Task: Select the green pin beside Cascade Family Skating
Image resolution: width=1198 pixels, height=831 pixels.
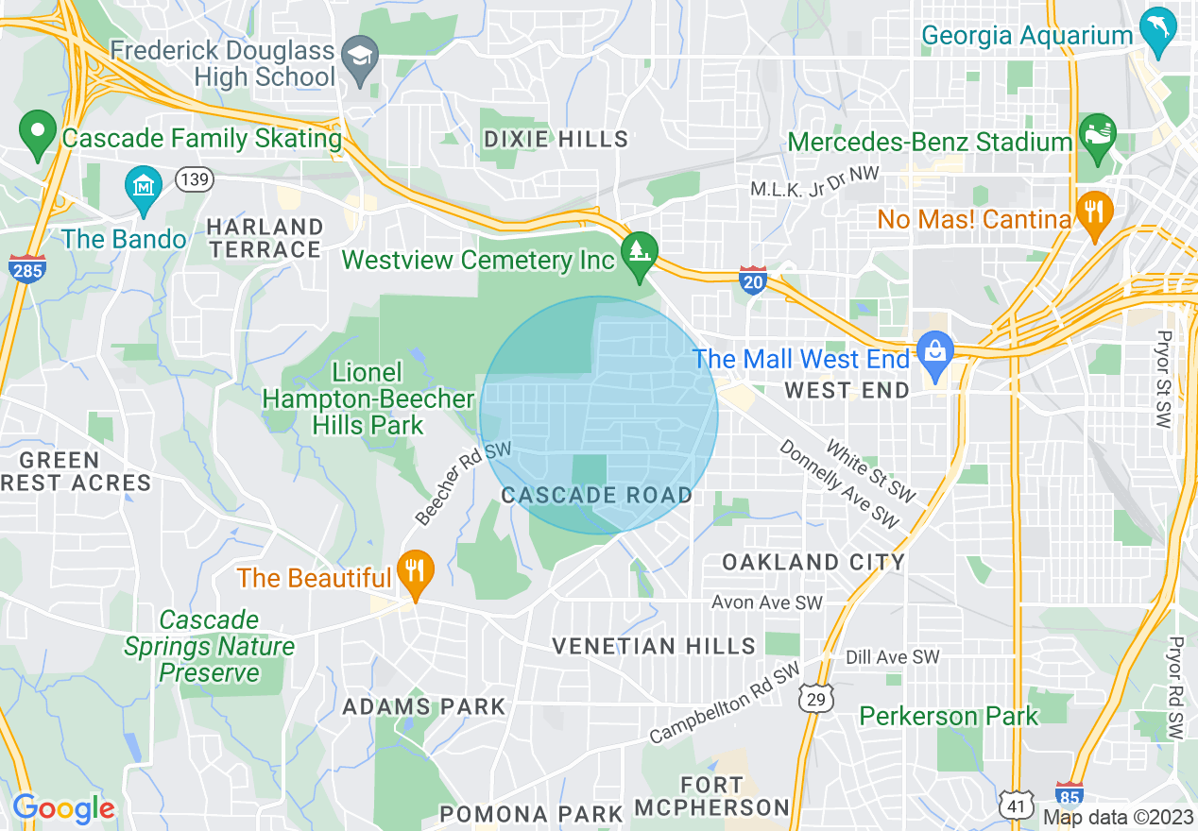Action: tap(39, 133)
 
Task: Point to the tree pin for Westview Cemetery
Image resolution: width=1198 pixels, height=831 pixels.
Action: tap(640, 254)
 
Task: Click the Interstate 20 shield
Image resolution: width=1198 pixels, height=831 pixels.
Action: tap(752, 281)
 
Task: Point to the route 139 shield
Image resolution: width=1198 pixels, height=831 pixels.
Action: tap(194, 179)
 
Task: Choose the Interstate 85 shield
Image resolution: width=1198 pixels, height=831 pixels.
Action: tap(1069, 793)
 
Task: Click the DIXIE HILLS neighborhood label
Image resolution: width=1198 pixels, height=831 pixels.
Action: tap(556, 139)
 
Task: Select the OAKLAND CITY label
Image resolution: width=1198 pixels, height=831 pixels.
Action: tap(813, 562)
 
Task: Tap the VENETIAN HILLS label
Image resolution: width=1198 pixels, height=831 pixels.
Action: tap(654, 646)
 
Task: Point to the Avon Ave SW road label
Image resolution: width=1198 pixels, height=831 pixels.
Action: tap(766, 602)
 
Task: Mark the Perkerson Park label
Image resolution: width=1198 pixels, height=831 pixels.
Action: tap(949, 716)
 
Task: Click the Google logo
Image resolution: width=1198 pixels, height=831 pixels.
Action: tap(63, 808)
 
